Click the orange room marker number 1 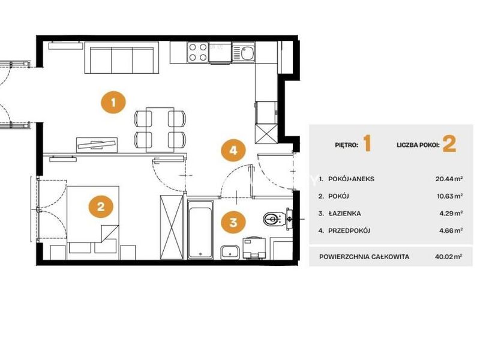click(113, 102)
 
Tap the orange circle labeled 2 click(101, 206)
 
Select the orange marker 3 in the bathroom click(233, 222)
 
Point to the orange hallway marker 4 click(233, 151)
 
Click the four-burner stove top click(198, 52)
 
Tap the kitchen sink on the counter click(244, 53)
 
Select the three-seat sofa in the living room click(122, 58)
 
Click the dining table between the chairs click(160, 130)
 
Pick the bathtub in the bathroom click(200, 230)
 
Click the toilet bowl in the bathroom click(272, 219)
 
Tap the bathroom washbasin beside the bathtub click(230, 252)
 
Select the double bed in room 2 click(93, 219)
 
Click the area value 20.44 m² click(449, 179)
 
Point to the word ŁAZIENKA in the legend click(344, 214)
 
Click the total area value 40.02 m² click(448, 257)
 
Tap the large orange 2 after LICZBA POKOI click(449, 144)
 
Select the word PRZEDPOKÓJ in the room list click(349, 230)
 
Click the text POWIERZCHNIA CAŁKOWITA click(364, 257)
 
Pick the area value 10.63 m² click(449, 196)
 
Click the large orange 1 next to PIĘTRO click(367, 144)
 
